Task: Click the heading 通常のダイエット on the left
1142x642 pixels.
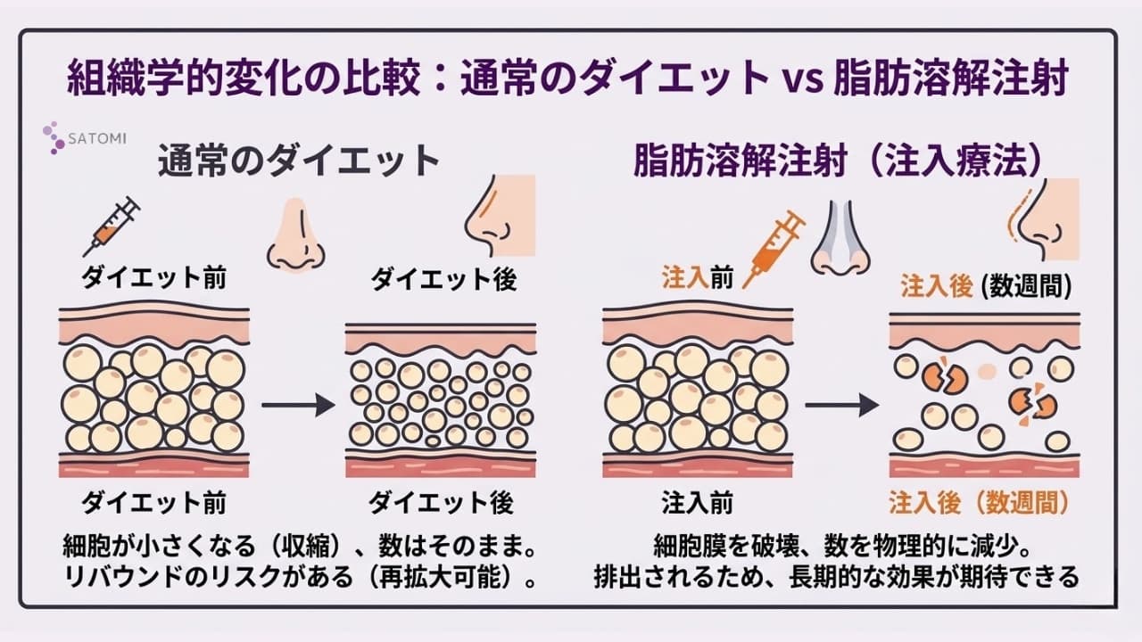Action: point(300,162)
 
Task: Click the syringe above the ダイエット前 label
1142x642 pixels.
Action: point(112,225)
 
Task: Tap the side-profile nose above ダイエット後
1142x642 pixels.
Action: point(501,218)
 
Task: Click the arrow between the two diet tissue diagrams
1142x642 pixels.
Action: point(298,406)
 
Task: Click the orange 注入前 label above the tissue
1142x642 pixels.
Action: point(697,278)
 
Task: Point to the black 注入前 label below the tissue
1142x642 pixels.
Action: point(697,503)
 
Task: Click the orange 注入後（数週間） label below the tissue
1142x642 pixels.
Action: point(978,503)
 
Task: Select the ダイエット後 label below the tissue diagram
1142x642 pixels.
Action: point(443,503)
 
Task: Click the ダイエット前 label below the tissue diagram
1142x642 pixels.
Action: point(154,503)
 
